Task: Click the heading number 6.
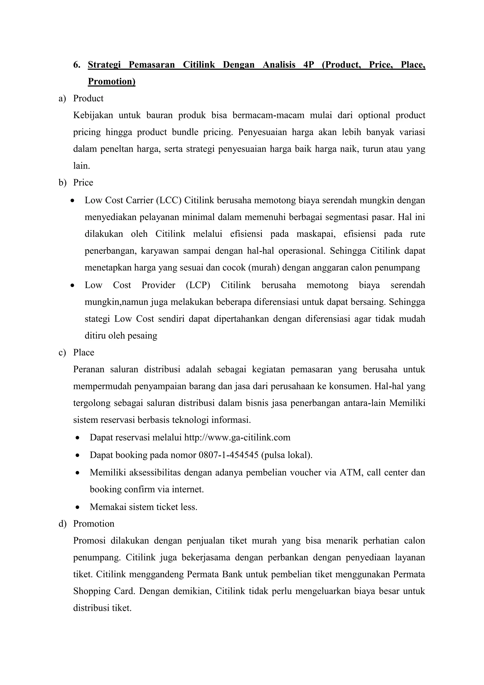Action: [77, 65]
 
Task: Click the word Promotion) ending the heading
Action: [112, 81]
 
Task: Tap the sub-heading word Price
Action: [83, 183]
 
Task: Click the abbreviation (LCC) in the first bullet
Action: [169, 200]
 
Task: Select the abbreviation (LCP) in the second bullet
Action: [198, 285]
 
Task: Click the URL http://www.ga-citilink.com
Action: [237, 438]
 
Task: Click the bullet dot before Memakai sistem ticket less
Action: [78, 507]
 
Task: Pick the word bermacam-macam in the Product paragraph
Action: [268, 115]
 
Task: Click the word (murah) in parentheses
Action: [264, 268]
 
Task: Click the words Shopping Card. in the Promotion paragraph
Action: [104, 591]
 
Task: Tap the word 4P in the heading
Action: [309, 65]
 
